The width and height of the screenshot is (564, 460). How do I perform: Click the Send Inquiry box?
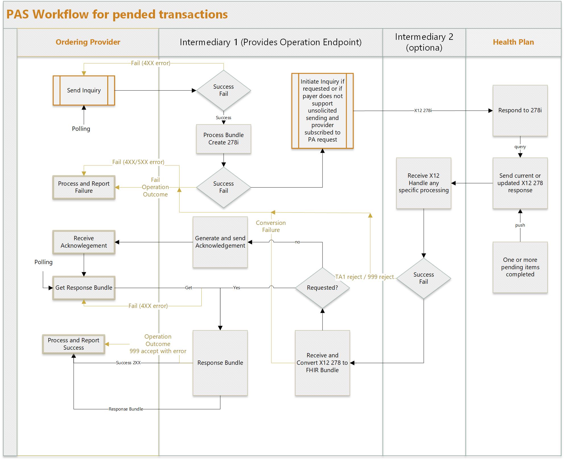(84, 90)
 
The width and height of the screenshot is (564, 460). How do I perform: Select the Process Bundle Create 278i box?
(223, 139)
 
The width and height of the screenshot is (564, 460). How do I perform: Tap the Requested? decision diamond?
(322, 288)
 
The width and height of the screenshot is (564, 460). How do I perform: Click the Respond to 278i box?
(520, 110)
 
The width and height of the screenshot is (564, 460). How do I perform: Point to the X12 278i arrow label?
(423, 111)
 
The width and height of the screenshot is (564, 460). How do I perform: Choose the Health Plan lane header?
(513, 42)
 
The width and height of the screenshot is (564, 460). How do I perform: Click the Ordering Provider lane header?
(88, 42)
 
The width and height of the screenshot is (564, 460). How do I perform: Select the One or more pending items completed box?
(520, 267)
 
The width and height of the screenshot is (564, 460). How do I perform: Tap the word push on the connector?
(520, 225)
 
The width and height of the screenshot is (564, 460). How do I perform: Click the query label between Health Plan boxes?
(520, 147)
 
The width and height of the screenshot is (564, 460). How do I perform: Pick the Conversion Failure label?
(271, 226)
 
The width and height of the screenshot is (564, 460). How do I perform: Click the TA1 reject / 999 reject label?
(364, 277)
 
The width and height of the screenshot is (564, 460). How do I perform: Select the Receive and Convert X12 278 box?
(322, 362)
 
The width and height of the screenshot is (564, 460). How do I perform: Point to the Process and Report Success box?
(73, 344)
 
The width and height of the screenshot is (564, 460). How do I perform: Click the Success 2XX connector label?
(128, 363)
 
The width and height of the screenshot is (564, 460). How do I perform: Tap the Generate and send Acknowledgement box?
(220, 242)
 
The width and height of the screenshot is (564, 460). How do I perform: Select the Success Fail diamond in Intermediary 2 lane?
(423, 278)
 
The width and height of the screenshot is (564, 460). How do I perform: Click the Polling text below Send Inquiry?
(81, 129)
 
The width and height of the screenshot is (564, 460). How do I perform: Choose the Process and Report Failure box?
(84, 187)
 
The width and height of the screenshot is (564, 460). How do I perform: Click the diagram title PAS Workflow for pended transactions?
(117, 14)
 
